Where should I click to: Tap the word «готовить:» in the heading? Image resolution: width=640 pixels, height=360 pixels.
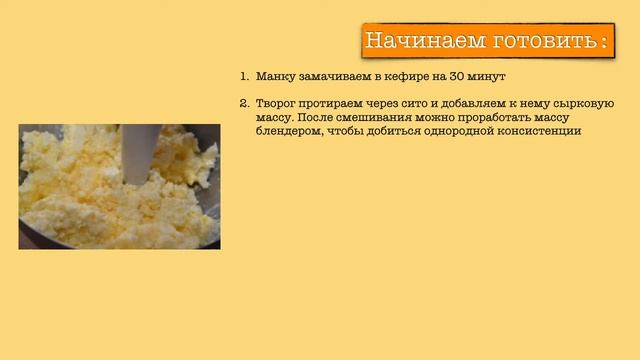[x=549, y=41]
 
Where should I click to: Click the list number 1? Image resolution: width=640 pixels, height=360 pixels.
[x=243, y=76]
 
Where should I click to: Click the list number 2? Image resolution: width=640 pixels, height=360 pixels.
[x=243, y=104]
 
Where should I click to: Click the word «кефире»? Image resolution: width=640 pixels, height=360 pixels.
[x=411, y=76]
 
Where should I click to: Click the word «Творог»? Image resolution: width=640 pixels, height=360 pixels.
[x=277, y=104]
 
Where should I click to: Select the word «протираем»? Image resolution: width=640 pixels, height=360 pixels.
[x=336, y=104]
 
